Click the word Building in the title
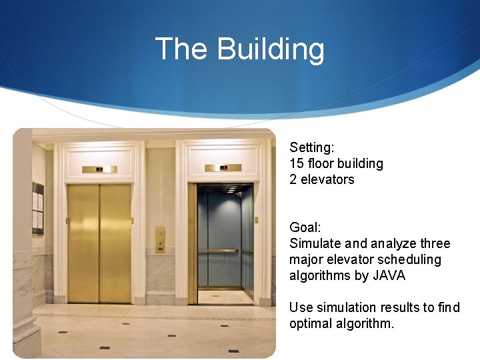coord(271,49)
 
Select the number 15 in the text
coord(296,163)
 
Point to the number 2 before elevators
coord(293,179)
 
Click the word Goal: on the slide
coord(303,227)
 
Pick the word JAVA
coord(389,275)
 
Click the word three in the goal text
coord(435,243)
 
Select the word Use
coord(300,307)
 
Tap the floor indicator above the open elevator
coord(225,167)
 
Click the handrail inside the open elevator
coord(218,251)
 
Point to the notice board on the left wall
coord(38,209)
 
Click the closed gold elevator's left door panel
coord(83,243)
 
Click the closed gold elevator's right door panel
coord(115,243)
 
